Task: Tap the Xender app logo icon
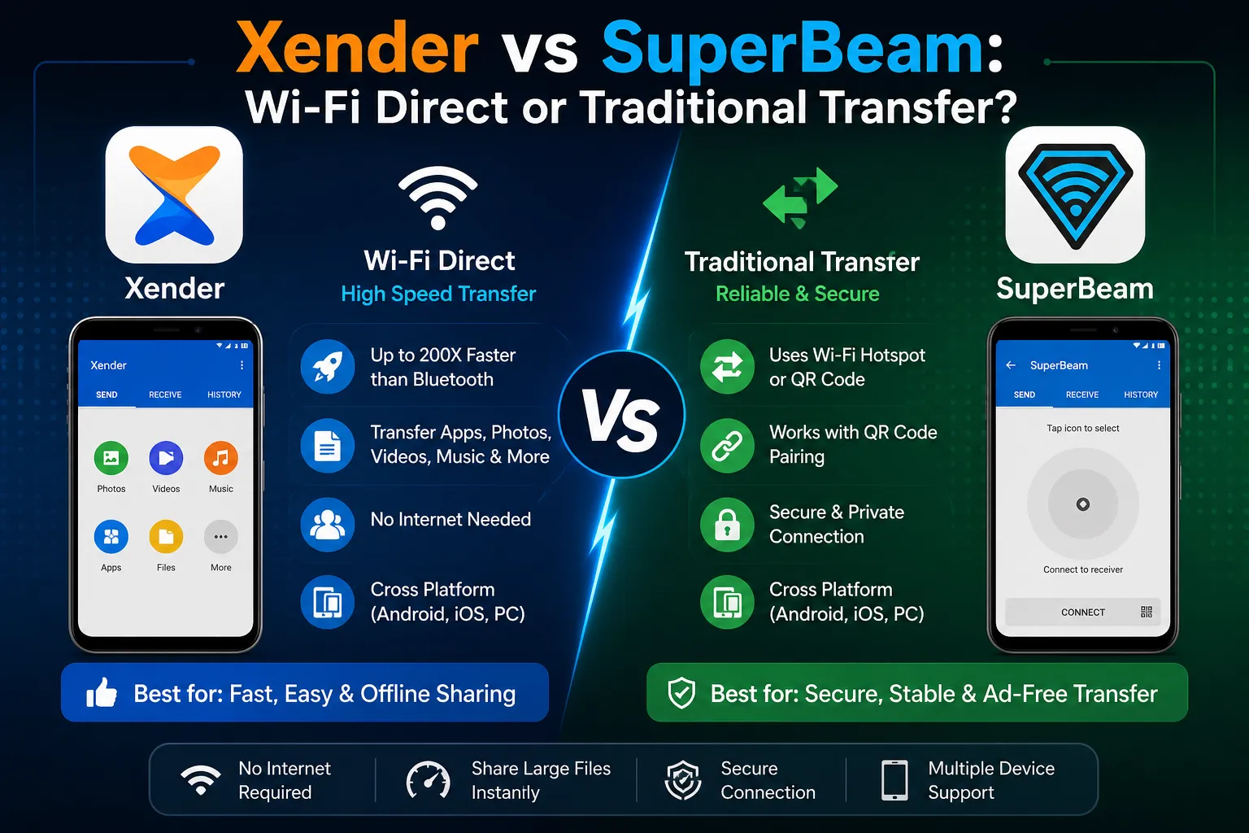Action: (174, 195)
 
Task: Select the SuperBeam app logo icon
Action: (1075, 195)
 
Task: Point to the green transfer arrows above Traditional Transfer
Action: (800, 198)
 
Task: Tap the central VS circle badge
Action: (621, 416)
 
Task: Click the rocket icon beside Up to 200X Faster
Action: (328, 367)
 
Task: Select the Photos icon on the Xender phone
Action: (111, 458)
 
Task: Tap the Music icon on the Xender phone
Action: (220, 458)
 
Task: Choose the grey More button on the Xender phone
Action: (220, 537)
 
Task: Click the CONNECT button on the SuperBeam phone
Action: (1083, 613)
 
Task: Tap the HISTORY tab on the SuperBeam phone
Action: (1141, 395)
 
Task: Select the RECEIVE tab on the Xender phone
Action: (165, 395)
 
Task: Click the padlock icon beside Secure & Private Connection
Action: (727, 525)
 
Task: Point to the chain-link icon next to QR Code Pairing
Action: (727, 446)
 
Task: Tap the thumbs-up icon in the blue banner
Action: (102, 693)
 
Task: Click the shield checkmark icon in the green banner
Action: (681, 693)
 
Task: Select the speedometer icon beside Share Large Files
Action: (429, 780)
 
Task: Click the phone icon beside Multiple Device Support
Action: (894, 780)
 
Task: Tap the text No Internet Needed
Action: (450, 520)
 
